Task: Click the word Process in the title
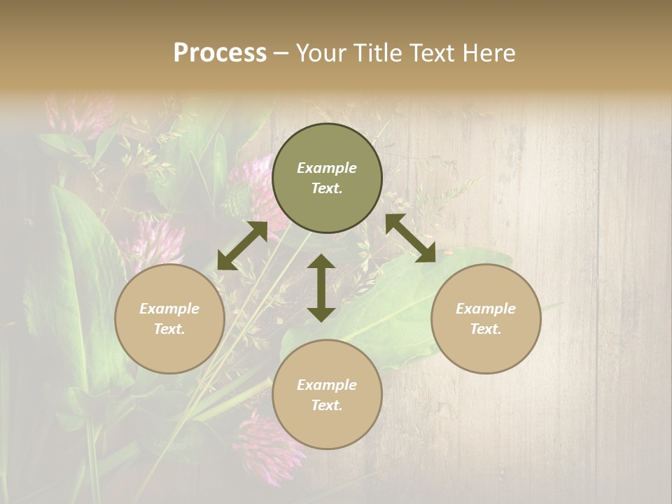pos(220,53)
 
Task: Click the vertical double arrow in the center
pos(321,288)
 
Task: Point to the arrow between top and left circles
pos(242,246)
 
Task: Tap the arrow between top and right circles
pos(410,238)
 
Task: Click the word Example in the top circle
pos(327,168)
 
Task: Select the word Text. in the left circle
pos(169,329)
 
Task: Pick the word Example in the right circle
pos(486,309)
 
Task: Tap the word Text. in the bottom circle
pos(327,405)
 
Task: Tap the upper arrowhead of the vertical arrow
pos(321,262)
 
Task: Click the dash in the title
pos(281,54)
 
